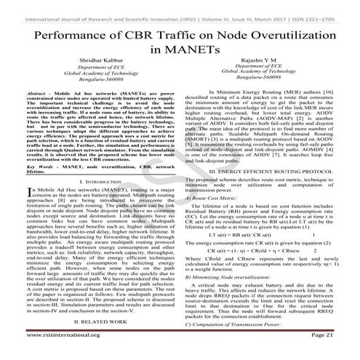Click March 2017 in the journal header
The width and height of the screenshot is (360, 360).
tap(271, 7)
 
